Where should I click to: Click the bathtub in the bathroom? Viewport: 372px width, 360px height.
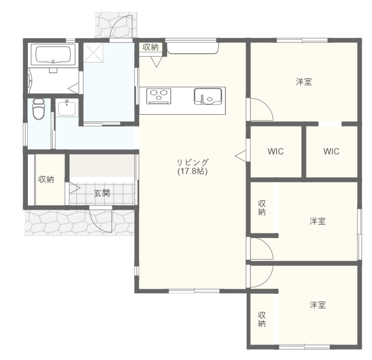click(53, 54)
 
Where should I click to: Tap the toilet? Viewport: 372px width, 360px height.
click(39, 109)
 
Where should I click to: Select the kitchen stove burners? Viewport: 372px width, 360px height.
click(159, 96)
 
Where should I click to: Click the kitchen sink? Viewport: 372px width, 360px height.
click(208, 97)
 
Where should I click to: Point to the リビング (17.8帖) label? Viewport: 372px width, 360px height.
click(192, 167)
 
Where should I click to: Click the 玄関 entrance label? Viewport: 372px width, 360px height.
click(102, 193)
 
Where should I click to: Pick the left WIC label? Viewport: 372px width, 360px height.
click(276, 151)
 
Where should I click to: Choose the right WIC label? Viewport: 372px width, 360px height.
click(331, 151)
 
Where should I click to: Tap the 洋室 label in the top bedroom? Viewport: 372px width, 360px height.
click(304, 82)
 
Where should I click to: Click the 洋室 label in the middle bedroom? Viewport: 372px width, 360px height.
click(317, 221)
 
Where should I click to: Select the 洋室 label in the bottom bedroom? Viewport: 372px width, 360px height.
click(317, 305)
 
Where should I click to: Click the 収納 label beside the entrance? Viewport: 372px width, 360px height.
click(46, 179)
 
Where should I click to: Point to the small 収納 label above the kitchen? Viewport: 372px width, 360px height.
click(151, 47)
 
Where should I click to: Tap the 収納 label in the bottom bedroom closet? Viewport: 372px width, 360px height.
click(262, 319)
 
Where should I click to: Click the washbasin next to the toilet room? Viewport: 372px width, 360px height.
click(67, 108)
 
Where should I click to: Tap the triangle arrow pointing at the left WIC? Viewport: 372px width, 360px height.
click(240, 156)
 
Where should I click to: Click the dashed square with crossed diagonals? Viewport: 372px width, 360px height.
click(93, 53)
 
